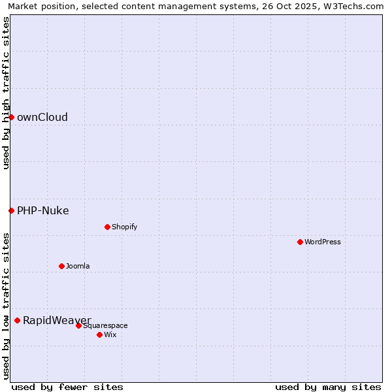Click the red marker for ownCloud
point(11,117)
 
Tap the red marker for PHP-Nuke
point(11,210)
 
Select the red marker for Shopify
point(107,227)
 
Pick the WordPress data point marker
point(300,242)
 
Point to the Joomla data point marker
point(61,266)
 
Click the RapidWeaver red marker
point(17,320)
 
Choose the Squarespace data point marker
point(78,325)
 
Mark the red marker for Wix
point(99,335)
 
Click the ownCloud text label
point(42,118)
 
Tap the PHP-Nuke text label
point(43,210)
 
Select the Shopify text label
point(125,227)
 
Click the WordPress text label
point(323,242)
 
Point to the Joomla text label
point(78,266)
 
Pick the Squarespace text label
point(105,325)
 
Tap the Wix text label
point(110,335)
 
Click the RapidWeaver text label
point(57,320)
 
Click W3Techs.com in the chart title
point(355,6)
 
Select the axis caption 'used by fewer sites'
point(67,387)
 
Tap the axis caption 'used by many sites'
point(328,387)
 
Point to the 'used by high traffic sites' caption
point(6,93)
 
